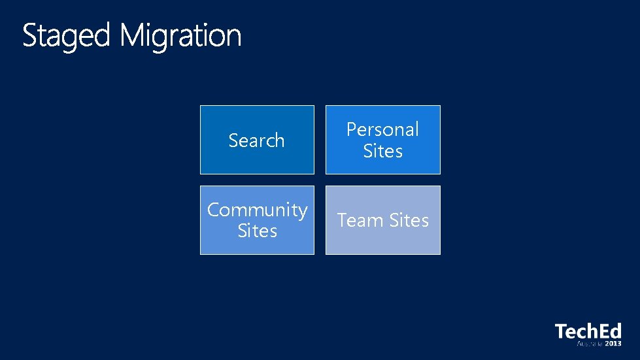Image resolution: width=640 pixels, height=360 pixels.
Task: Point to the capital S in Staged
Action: [x=29, y=35]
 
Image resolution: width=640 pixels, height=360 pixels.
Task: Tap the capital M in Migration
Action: [x=133, y=35]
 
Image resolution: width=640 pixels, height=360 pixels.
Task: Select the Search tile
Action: [x=257, y=140]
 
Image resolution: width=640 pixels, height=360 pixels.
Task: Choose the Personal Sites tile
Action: [x=383, y=140]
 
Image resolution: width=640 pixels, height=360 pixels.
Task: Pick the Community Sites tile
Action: [x=257, y=220]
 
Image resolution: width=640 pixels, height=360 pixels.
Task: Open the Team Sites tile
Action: [x=383, y=220]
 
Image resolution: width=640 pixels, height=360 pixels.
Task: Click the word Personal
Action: [x=382, y=129]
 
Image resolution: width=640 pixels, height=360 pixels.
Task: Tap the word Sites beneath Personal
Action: [x=383, y=151]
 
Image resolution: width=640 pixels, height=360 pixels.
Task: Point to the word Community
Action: [x=257, y=210]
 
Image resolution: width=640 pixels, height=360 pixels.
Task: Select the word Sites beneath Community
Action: [x=258, y=231]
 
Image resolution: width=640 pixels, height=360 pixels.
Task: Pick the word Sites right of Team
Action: [x=409, y=221]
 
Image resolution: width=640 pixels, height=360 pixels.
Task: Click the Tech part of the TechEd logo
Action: [x=576, y=331]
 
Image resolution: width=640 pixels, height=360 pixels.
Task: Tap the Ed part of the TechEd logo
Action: [x=610, y=331]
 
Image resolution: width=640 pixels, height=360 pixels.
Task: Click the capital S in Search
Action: [x=233, y=140]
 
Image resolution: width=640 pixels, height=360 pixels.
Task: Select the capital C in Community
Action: [x=213, y=210]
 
